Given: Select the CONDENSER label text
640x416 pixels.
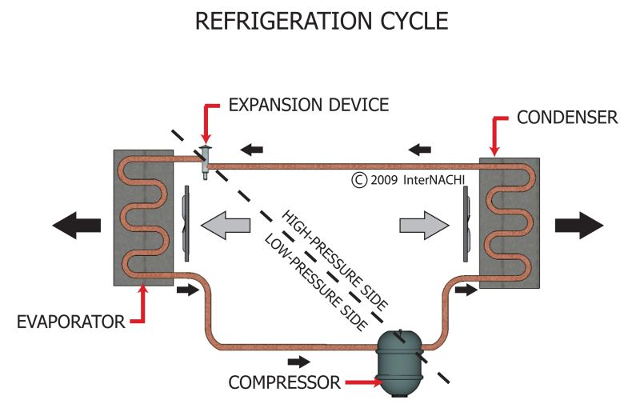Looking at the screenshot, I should click(x=567, y=118).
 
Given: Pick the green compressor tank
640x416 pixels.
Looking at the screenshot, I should click(x=399, y=363).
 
